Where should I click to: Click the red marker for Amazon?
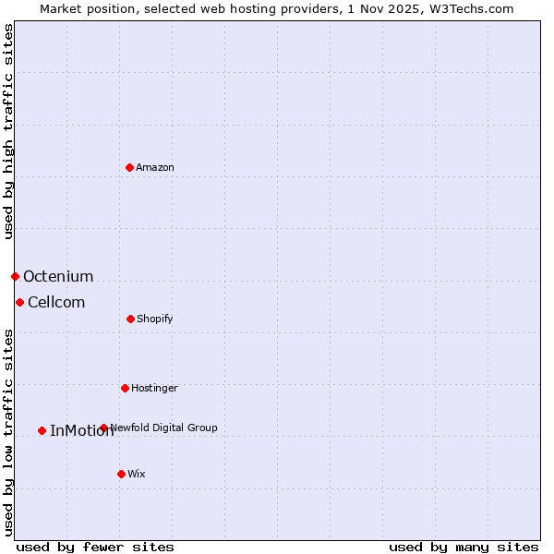click(x=129, y=167)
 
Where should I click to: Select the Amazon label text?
click(x=155, y=167)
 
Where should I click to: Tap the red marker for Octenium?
click(x=15, y=276)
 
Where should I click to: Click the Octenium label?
click(x=58, y=276)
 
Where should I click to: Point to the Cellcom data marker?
click(x=19, y=302)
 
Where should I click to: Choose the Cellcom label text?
click(x=56, y=302)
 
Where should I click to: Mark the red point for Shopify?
click(x=130, y=319)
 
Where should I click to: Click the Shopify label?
click(x=155, y=319)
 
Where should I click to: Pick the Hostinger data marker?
click(x=125, y=388)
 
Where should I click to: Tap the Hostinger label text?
click(x=154, y=388)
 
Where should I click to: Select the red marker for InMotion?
click(x=42, y=430)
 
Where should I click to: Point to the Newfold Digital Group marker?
click(x=103, y=428)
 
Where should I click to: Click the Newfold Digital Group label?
click(x=164, y=428)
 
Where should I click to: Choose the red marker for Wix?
click(x=121, y=474)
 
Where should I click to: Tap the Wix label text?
click(x=137, y=474)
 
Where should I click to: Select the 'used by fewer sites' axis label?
click(x=95, y=547)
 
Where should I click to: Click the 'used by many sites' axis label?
click(x=464, y=547)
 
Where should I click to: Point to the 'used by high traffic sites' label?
click(x=8, y=131)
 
